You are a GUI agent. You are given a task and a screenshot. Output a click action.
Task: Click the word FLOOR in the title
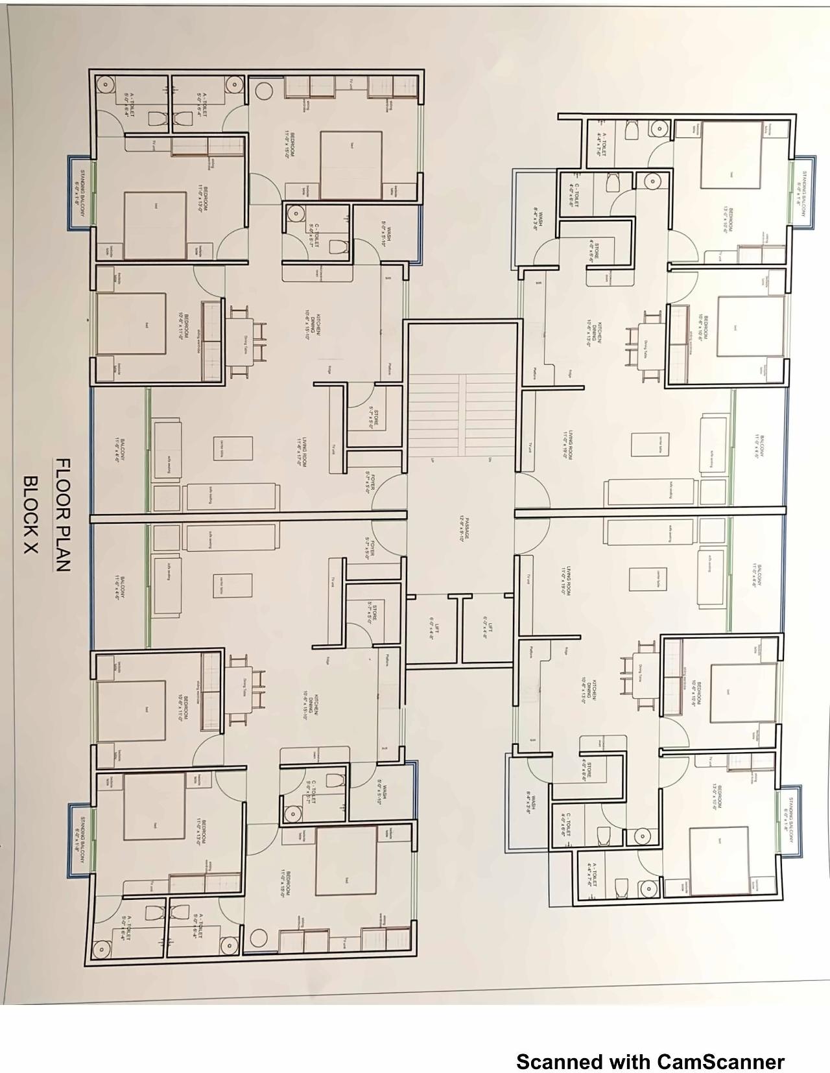(x=63, y=487)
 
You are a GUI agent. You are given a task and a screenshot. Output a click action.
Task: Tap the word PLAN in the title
(x=62, y=545)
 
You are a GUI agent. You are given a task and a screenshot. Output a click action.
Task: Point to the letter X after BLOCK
(x=30, y=547)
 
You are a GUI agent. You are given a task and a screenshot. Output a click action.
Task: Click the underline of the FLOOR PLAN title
(x=52, y=515)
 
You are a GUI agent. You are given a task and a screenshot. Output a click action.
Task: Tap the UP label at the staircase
(x=432, y=460)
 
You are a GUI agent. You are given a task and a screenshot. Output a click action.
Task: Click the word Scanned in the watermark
(x=558, y=1061)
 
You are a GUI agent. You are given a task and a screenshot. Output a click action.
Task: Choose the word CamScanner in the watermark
(x=720, y=1061)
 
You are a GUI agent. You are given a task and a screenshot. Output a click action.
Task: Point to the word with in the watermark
(x=629, y=1061)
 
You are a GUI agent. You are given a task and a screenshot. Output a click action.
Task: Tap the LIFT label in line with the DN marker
(x=491, y=627)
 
